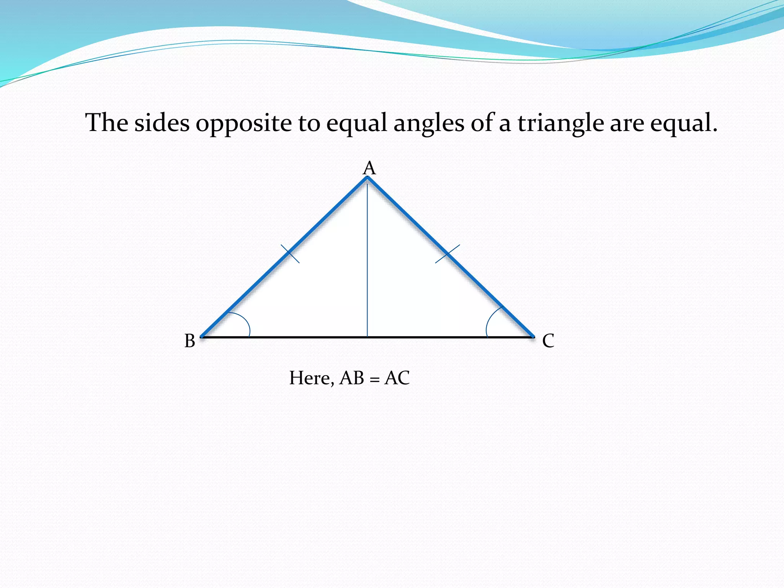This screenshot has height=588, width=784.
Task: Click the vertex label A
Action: [369, 168]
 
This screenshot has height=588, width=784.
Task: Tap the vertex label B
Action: [190, 341]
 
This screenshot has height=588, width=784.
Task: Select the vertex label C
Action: [548, 341]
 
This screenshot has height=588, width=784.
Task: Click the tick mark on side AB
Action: [290, 253]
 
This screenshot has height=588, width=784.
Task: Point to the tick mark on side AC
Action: [448, 254]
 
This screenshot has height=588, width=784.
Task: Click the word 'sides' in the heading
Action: [162, 123]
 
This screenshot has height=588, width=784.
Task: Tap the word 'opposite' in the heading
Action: [243, 124]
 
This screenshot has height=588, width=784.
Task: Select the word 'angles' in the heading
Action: [429, 124]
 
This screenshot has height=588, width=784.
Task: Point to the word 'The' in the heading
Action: [107, 123]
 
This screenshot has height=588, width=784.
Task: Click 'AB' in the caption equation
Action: [352, 378]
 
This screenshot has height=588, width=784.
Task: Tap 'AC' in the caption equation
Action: [397, 378]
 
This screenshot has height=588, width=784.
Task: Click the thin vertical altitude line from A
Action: [367, 260]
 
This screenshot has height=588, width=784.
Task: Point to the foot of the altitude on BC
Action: [367, 337]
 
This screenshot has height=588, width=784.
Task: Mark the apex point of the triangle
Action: [367, 177]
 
